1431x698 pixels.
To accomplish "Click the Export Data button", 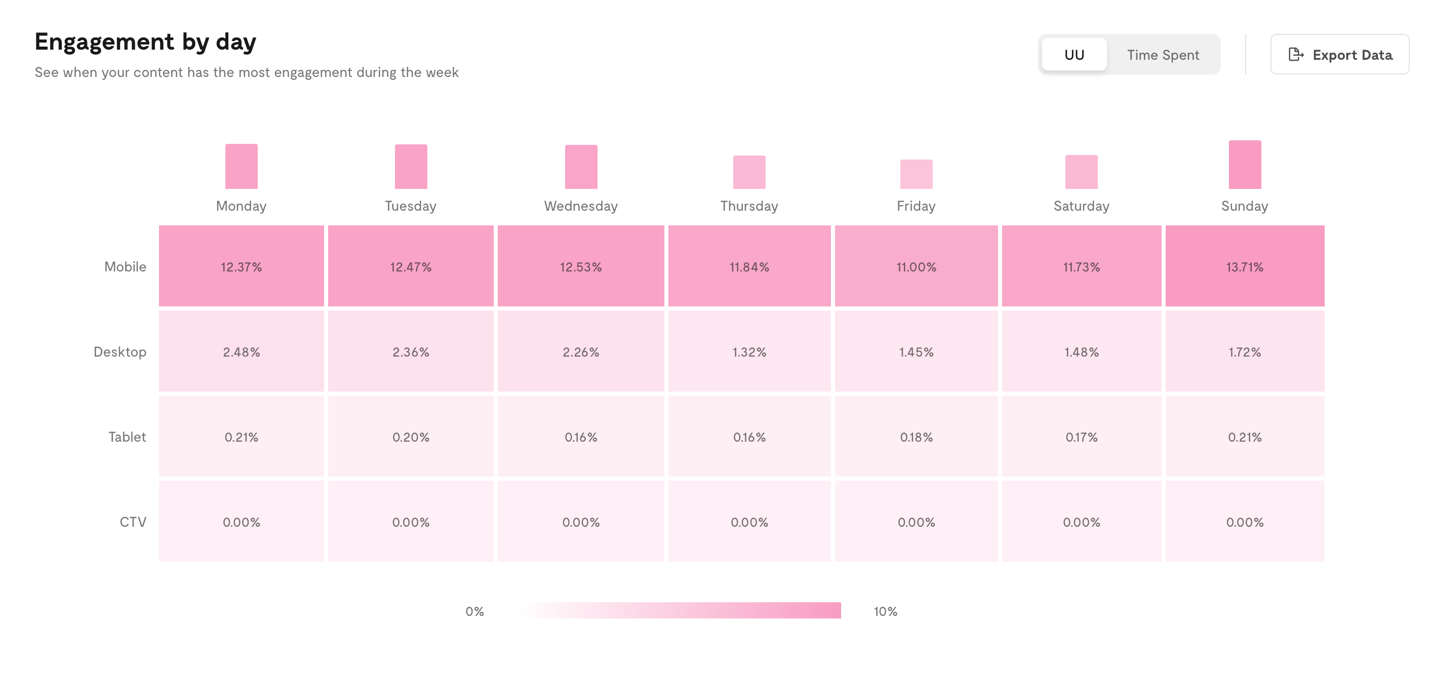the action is click(x=1339, y=55).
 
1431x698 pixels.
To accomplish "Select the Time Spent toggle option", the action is click(x=1163, y=55).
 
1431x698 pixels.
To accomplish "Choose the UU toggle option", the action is click(x=1074, y=55).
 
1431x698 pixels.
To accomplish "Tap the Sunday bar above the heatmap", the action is click(x=1244, y=165).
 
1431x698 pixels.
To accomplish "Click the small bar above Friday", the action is click(x=916, y=174).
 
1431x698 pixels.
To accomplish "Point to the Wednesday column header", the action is click(x=580, y=206).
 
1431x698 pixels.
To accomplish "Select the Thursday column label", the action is click(x=749, y=206).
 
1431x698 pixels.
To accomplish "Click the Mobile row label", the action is click(x=125, y=267).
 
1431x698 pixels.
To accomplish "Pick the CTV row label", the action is click(x=133, y=522).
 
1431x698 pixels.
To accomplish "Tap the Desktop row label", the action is click(x=120, y=352).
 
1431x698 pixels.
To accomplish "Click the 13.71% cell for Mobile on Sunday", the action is click(x=1244, y=266).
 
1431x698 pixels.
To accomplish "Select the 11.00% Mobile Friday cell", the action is click(x=916, y=266).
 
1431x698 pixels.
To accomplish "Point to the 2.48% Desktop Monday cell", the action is click(x=241, y=351).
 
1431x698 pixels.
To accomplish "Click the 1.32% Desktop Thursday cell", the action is click(x=749, y=351).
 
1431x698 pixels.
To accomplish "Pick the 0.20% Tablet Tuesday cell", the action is click(x=411, y=436).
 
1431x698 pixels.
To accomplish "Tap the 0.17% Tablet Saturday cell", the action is click(x=1081, y=436).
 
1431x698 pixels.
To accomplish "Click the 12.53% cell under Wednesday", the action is click(x=580, y=266).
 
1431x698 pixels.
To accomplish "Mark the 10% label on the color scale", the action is click(x=885, y=611).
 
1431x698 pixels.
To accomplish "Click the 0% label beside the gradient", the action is click(x=474, y=611).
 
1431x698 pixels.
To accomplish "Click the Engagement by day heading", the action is click(x=145, y=42).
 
